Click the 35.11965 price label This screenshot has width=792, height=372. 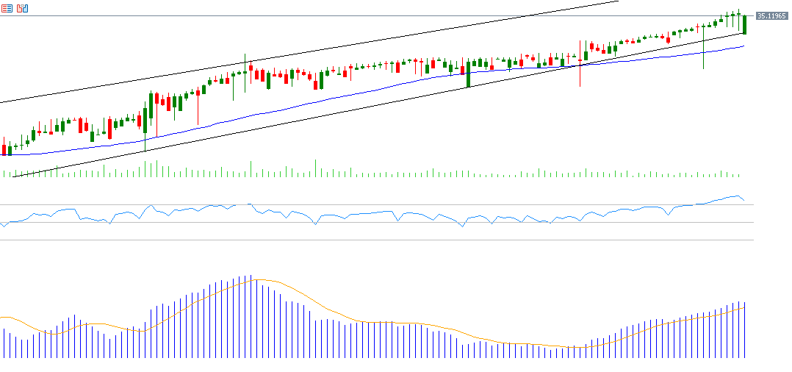772,16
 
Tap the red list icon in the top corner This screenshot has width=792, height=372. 7,8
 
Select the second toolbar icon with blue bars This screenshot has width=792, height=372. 22,8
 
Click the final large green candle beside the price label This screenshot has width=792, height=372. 745,24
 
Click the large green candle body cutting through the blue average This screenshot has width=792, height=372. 468,74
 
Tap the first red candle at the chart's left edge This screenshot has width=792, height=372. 4,149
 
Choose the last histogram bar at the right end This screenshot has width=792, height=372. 745,330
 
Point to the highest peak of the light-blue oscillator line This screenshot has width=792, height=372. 735,196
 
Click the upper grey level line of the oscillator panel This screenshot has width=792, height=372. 367,205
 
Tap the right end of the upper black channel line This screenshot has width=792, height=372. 619,1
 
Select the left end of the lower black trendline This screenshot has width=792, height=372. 13,176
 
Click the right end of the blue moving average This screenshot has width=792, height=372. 744,46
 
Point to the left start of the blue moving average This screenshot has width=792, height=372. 2,154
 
